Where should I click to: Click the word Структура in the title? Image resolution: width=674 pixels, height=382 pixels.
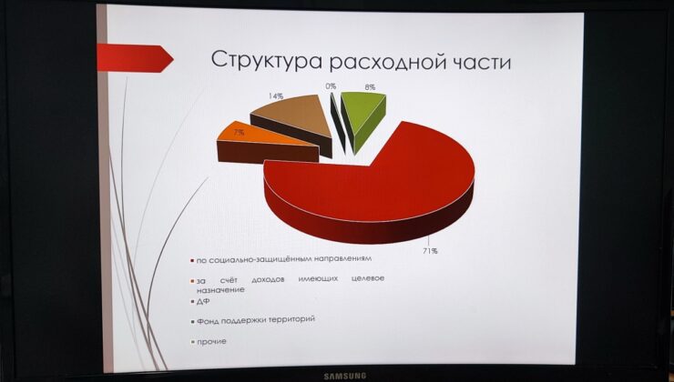267,61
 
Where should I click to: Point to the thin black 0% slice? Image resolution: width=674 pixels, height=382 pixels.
338,122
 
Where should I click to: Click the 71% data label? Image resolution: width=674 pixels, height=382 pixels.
429,251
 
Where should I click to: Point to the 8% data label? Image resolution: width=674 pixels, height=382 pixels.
370,87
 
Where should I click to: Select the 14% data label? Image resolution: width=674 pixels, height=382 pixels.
276,96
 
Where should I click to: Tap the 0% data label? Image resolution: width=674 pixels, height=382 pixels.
331,86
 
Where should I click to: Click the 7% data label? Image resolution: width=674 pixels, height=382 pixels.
239,133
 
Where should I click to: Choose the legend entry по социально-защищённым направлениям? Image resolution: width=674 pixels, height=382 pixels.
281,260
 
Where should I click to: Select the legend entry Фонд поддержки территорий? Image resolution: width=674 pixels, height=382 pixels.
253,320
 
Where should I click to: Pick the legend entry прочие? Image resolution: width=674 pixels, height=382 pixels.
209,342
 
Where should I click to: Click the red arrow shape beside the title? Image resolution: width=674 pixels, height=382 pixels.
136,58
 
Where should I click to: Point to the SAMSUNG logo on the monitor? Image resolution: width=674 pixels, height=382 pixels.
344,377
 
